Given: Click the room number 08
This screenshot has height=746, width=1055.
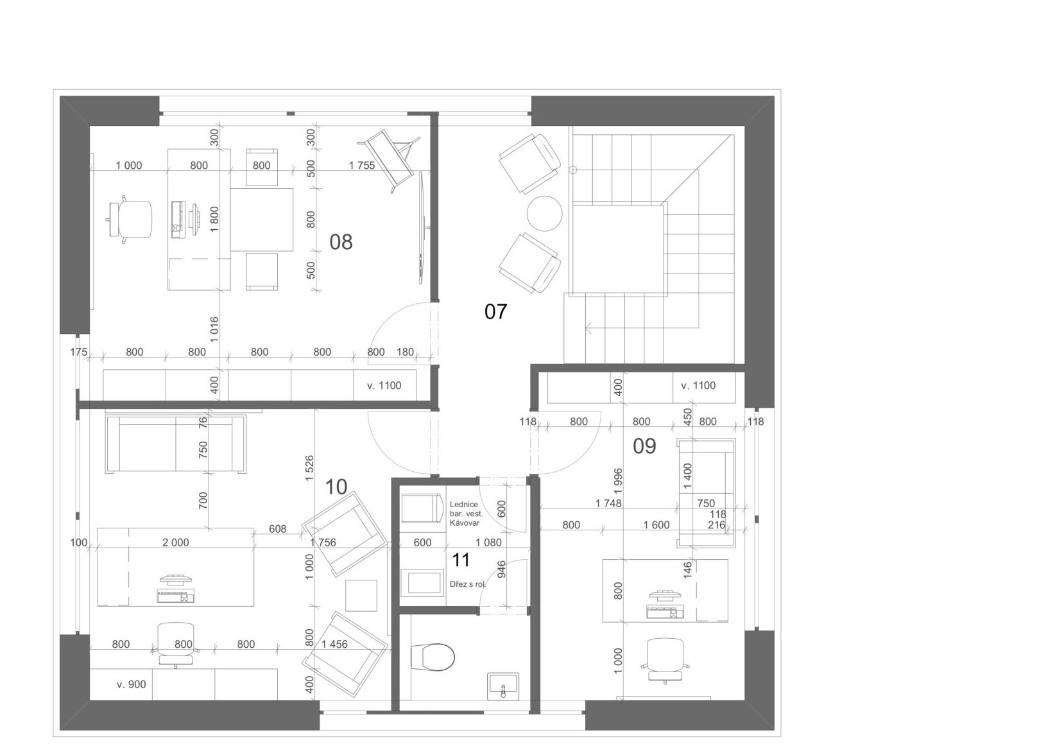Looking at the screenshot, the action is pyautogui.click(x=341, y=242).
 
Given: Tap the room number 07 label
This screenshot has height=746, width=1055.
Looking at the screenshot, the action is pyautogui.click(x=496, y=311).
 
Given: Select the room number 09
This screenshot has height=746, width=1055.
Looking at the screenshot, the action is pyautogui.click(x=644, y=446).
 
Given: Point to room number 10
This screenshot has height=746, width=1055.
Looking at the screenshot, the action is pyautogui.click(x=336, y=487).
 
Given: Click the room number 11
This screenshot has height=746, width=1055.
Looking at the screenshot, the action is pyautogui.click(x=461, y=560).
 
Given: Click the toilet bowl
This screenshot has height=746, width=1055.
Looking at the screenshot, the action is pyautogui.click(x=433, y=657).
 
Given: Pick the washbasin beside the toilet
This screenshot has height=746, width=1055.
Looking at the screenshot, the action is pyautogui.click(x=503, y=686).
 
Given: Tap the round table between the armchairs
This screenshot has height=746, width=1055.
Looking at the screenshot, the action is pyautogui.click(x=544, y=214).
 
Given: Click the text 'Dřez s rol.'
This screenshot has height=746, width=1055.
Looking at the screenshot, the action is pyautogui.click(x=467, y=584).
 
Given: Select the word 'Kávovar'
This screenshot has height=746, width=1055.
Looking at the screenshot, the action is pyautogui.click(x=465, y=523).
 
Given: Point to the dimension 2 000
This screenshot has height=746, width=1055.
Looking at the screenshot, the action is pyautogui.click(x=176, y=542).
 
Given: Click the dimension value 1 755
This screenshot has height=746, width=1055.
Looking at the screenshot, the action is pyautogui.click(x=362, y=166).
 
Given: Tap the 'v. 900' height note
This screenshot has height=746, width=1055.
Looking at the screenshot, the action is pyautogui.click(x=132, y=684).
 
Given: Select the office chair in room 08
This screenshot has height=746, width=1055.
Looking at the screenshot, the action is pyautogui.click(x=130, y=219).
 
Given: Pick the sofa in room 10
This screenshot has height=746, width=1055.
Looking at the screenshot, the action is pyautogui.click(x=175, y=444).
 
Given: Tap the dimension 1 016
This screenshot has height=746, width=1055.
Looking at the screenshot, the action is pyautogui.click(x=214, y=329).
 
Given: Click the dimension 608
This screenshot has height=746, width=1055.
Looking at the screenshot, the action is pyautogui.click(x=277, y=529).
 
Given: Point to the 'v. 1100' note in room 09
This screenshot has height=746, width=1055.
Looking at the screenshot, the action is pyautogui.click(x=698, y=385).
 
